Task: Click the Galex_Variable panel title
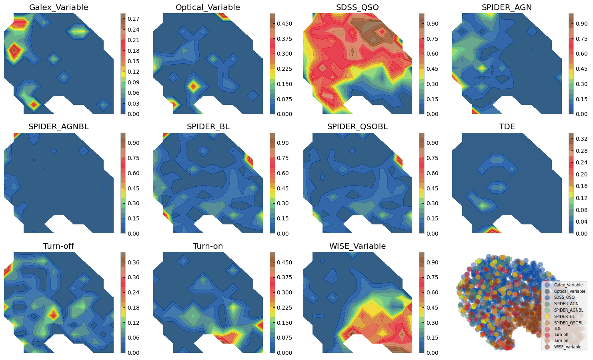[x=58, y=8]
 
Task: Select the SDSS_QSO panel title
[x=357, y=8]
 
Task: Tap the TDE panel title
[x=507, y=127]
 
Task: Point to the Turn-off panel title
[x=58, y=246]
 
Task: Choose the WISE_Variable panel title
[x=357, y=246]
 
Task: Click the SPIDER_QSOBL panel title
[x=357, y=127]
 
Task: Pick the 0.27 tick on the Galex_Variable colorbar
[x=134, y=19]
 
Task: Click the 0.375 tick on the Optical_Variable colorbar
[x=284, y=39]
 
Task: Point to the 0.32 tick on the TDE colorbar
[x=582, y=139]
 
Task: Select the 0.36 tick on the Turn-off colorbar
[x=134, y=262]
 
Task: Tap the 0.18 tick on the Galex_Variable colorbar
[x=134, y=51]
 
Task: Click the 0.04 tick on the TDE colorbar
[x=582, y=222]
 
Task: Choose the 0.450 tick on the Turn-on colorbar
[x=284, y=262]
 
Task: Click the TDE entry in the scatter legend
[x=557, y=328]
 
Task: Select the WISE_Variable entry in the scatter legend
[x=567, y=347]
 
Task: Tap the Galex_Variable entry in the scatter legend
[x=568, y=285]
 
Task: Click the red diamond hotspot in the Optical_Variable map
[x=194, y=86]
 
